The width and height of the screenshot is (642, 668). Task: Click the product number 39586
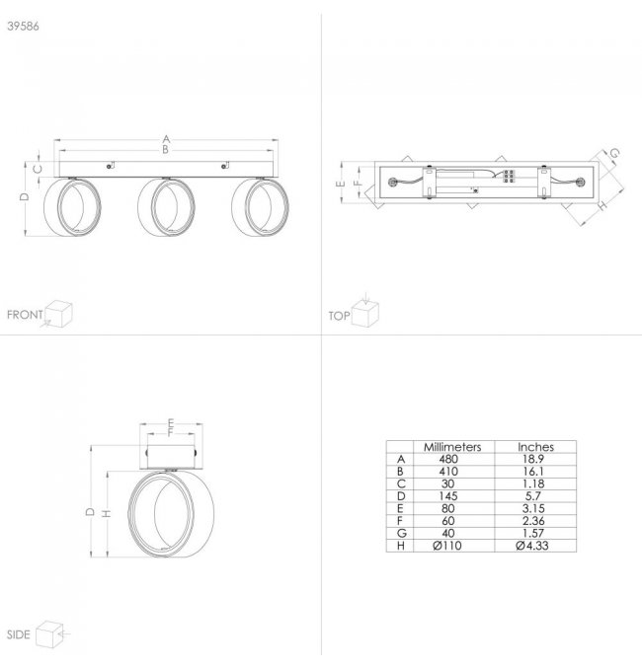23,27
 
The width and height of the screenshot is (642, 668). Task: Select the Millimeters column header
452,447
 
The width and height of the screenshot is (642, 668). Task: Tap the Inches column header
535,447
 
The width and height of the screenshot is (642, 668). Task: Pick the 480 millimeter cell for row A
448,459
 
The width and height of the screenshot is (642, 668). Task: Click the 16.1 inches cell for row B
533,472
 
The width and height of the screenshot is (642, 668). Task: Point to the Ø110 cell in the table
447,546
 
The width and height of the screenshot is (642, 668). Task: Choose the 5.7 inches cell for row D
533,496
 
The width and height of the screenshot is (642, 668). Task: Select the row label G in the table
401,534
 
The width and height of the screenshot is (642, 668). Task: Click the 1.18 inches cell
533,483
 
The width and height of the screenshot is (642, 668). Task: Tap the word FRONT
25,315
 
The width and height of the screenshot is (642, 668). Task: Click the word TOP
339,316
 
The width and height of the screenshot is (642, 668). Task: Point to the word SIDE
19,634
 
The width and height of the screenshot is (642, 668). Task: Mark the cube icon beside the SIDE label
49,634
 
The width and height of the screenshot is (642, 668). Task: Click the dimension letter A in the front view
166,139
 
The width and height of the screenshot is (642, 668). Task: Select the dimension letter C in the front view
38,169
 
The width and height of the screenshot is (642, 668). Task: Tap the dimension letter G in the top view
614,153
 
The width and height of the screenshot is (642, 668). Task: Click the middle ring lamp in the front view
166,206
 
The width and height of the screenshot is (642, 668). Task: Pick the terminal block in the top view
508,177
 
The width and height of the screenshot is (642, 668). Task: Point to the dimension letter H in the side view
107,513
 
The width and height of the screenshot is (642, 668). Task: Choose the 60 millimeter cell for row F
448,521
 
